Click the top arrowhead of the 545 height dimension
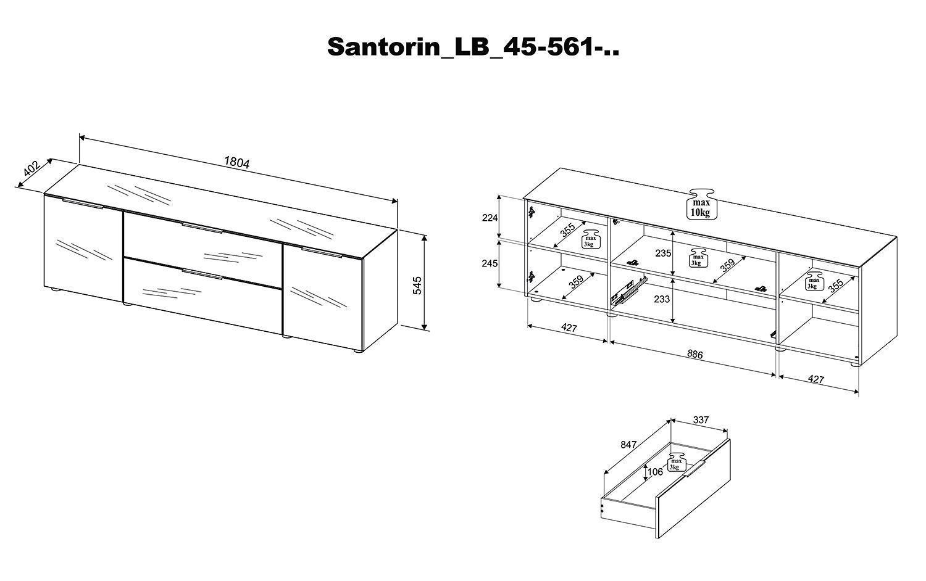[424, 237]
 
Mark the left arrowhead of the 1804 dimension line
[82, 137]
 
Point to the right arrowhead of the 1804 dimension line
[394, 201]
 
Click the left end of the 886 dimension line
[610, 342]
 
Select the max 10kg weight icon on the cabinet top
[701, 204]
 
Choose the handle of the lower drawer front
[203, 274]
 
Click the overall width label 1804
[237, 163]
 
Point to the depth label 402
[31, 168]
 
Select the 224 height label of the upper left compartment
[490, 218]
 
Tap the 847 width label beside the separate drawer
[628, 444]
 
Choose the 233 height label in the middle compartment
[662, 299]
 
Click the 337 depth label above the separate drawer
[701, 419]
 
